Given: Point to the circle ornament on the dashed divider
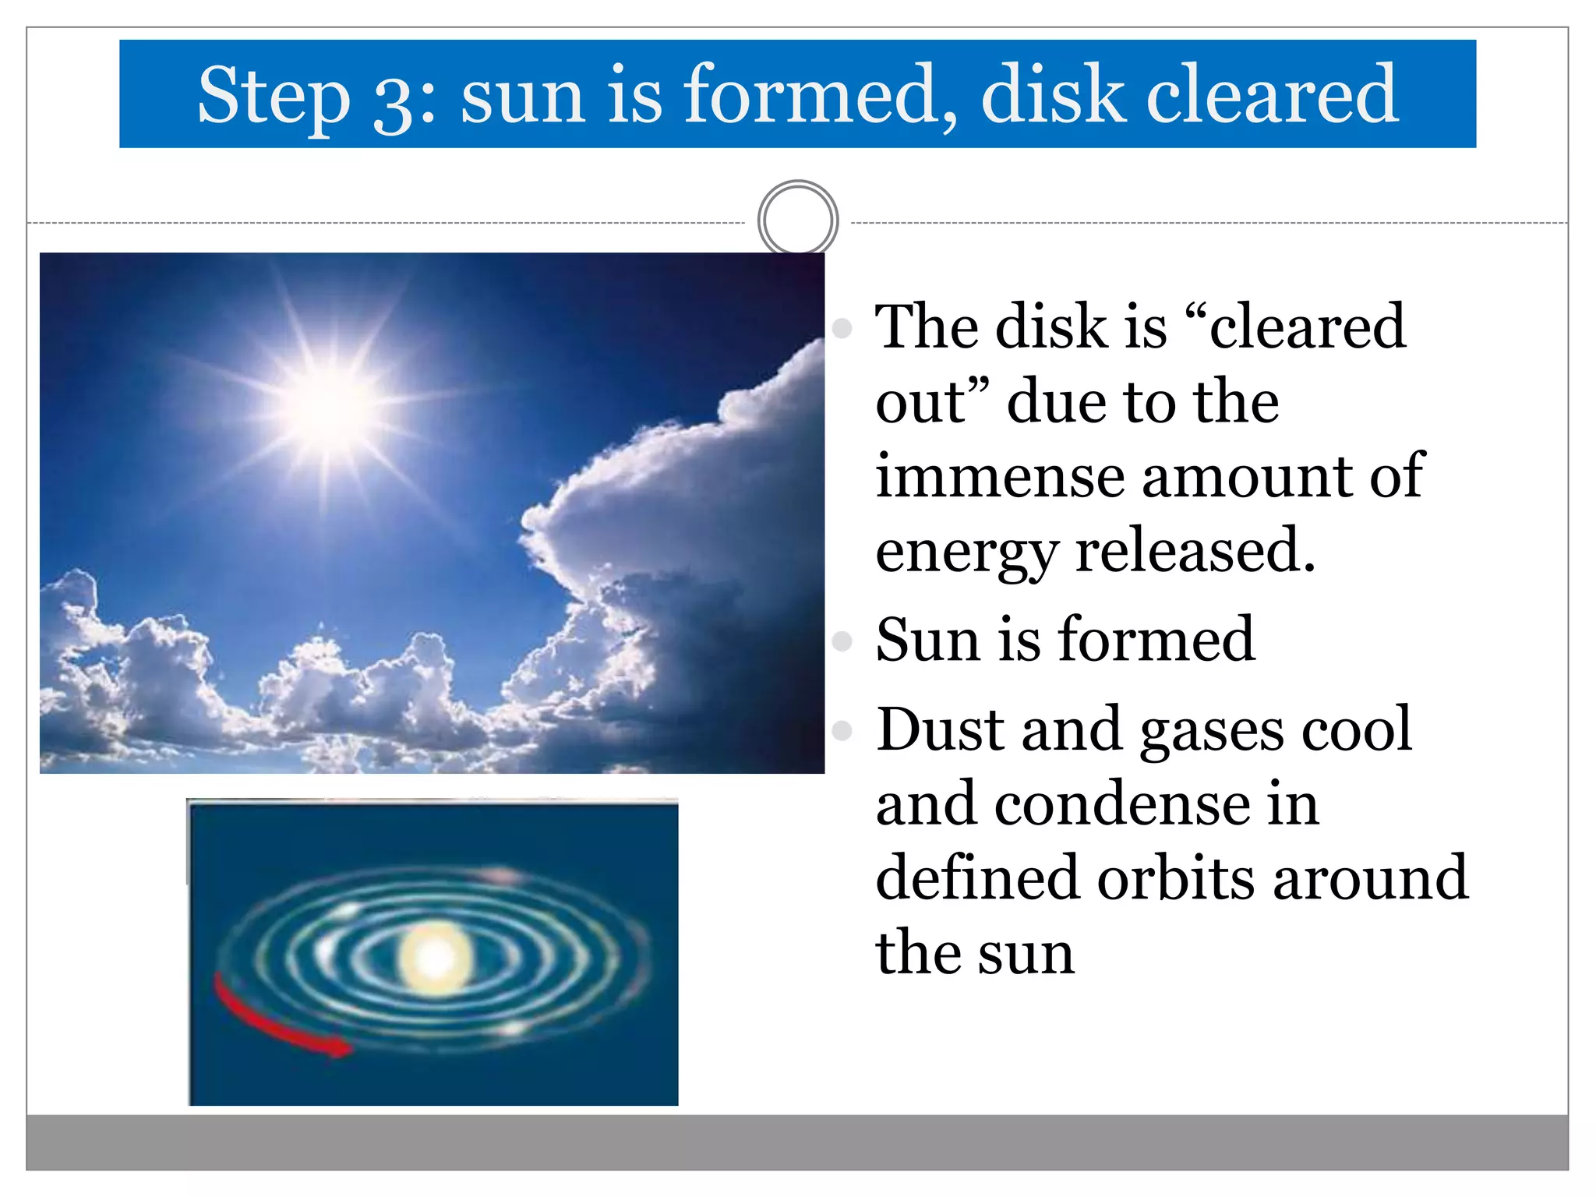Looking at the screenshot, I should (x=797, y=221).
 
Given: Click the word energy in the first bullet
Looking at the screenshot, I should (x=966, y=551).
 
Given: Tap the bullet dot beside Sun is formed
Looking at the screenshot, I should (x=842, y=641).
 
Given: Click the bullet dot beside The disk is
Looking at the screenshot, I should (x=842, y=328).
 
